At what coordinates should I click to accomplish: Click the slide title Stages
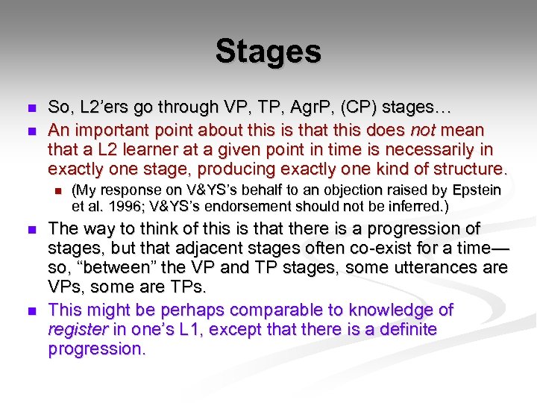tap(268, 52)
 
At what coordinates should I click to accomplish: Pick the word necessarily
tap(419, 149)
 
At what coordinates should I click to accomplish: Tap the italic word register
tap(76, 329)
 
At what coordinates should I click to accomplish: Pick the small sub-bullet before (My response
tap(56, 191)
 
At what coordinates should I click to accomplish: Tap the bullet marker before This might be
tap(29, 310)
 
